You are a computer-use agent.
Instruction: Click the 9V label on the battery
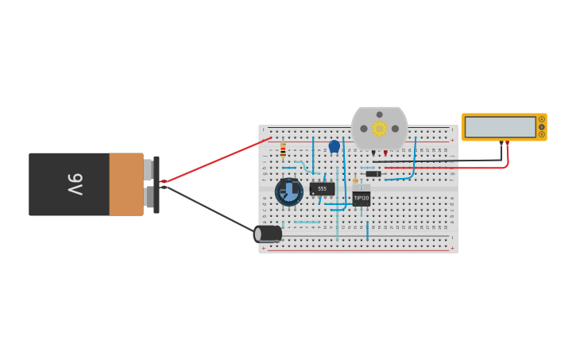[75, 184]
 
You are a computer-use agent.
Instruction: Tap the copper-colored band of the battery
[126, 184]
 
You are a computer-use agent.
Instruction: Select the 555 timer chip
[322, 189]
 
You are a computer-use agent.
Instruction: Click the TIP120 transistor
[361, 196]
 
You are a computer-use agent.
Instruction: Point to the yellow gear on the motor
[379, 129]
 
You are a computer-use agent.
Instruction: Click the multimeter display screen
[500, 127]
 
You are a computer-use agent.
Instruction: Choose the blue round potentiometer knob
[289, 192]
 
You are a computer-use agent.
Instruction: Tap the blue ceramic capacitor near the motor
[334, 146]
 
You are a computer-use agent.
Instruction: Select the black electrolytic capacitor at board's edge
[268, 234]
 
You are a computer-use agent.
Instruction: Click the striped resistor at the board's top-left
[283, 150]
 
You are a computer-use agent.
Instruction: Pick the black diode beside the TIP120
[373, 174]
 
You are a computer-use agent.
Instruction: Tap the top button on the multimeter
[542, 119]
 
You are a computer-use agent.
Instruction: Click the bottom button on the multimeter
[542, 134]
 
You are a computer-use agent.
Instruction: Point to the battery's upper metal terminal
[148, 169]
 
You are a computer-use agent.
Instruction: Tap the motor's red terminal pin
[385, 153]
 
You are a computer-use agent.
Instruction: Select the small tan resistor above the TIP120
[355, 180]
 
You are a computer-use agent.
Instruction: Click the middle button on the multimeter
[542, 127]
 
